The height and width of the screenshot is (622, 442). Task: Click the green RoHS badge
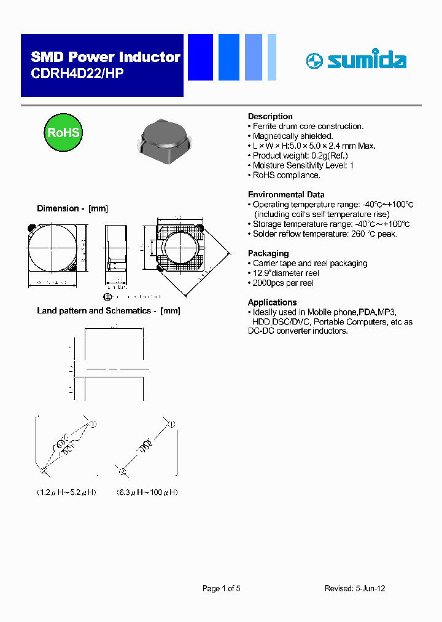63,133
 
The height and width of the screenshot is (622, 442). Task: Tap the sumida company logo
356,60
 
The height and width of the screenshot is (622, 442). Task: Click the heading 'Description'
270,116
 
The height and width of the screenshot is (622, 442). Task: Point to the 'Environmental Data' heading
285,194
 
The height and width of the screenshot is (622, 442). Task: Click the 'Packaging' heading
268,253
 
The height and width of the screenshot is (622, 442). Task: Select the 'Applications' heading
272,302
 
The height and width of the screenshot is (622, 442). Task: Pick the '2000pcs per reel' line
283,283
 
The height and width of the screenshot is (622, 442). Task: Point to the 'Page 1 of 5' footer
221,588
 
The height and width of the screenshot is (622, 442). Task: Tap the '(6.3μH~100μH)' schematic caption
147,492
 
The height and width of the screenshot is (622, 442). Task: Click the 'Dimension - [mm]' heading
72,208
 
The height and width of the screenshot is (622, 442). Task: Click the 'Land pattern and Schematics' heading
109,310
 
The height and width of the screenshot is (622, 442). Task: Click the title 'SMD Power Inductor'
106,57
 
